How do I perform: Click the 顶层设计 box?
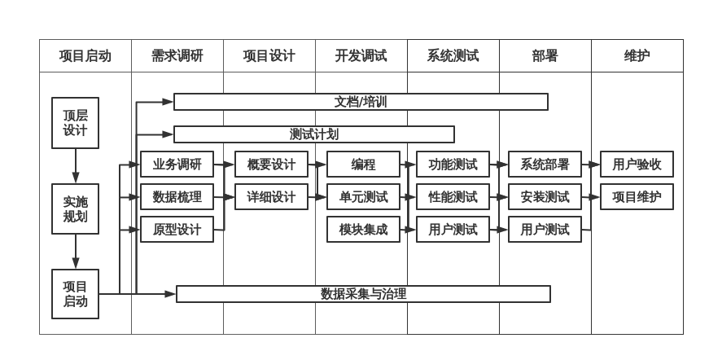(75, 123)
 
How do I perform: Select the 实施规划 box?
(75, 209)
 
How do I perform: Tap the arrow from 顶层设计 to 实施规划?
(76, 167)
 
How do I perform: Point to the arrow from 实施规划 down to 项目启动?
(76, 252)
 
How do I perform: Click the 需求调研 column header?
(177, 56)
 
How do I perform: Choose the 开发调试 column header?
(361, 56)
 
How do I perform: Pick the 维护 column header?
(637, 56)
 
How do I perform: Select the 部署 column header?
(545, 56)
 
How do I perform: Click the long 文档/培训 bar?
(361, 102)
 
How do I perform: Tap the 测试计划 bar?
(314, 134)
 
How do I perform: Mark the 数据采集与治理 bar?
(363, 294)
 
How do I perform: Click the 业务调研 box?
(177, 165)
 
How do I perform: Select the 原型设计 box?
(177, 230)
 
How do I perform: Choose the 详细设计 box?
(271, 197)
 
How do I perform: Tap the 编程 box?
(363, 165)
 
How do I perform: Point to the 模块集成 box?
(363, 230)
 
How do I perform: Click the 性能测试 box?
(453, 197)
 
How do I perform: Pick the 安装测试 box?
(545, 197)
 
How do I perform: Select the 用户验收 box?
(637, 165)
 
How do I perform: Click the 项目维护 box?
(637, 197)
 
